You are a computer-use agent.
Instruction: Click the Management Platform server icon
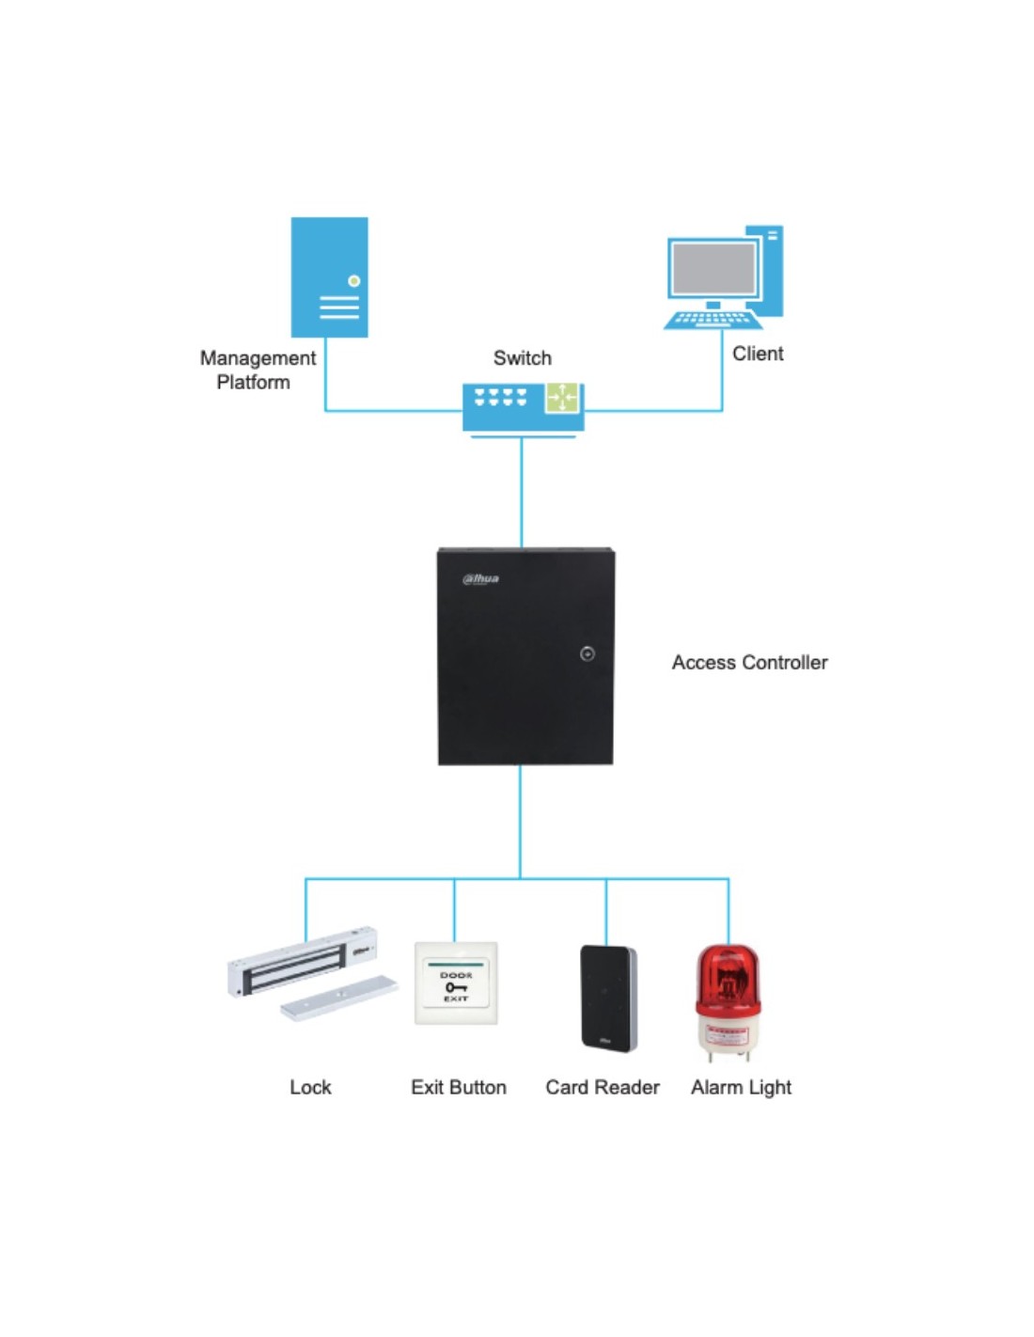pyautogui.click(x=329, y=276)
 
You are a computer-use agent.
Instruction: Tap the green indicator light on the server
pyautogui.click(x=353, y=281)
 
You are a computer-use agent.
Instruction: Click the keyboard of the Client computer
pyautogui.click(x=713, y=320)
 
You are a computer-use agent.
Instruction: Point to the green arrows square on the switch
pyautogui.click(x=562, y=398)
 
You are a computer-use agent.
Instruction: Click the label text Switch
pyautogui.click(x=523, y=358)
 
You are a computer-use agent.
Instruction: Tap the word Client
pyautogui.click(x=758, y=354)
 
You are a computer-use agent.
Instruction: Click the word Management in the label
pyautogui.click(x=258, y=358)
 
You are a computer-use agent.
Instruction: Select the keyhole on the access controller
pyautogui.click(x=587, y=653)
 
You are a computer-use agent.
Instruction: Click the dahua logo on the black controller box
pyautogui.click(x=480, y=579)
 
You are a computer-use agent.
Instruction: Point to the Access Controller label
pyautogui.click(x=749, y=663)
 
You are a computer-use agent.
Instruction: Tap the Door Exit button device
pyautogui.click(x=456, y=983)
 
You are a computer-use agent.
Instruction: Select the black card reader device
pyautogui.click(x=608, y=998)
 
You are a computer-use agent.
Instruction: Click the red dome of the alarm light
pyautogui.click(x=728, y=978)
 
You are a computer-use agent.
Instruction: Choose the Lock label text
pyautogui.click(x=310, y=1087)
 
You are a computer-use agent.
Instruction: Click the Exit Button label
pyautogui.click(x=459, y=1087)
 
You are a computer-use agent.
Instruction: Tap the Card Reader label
pyautogui.click(x=603, y=1087)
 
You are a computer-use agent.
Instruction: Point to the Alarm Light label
pyautogui.click(x=742, y=1088)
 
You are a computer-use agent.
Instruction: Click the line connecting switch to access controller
pyautogui.click(x=522, y=493)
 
